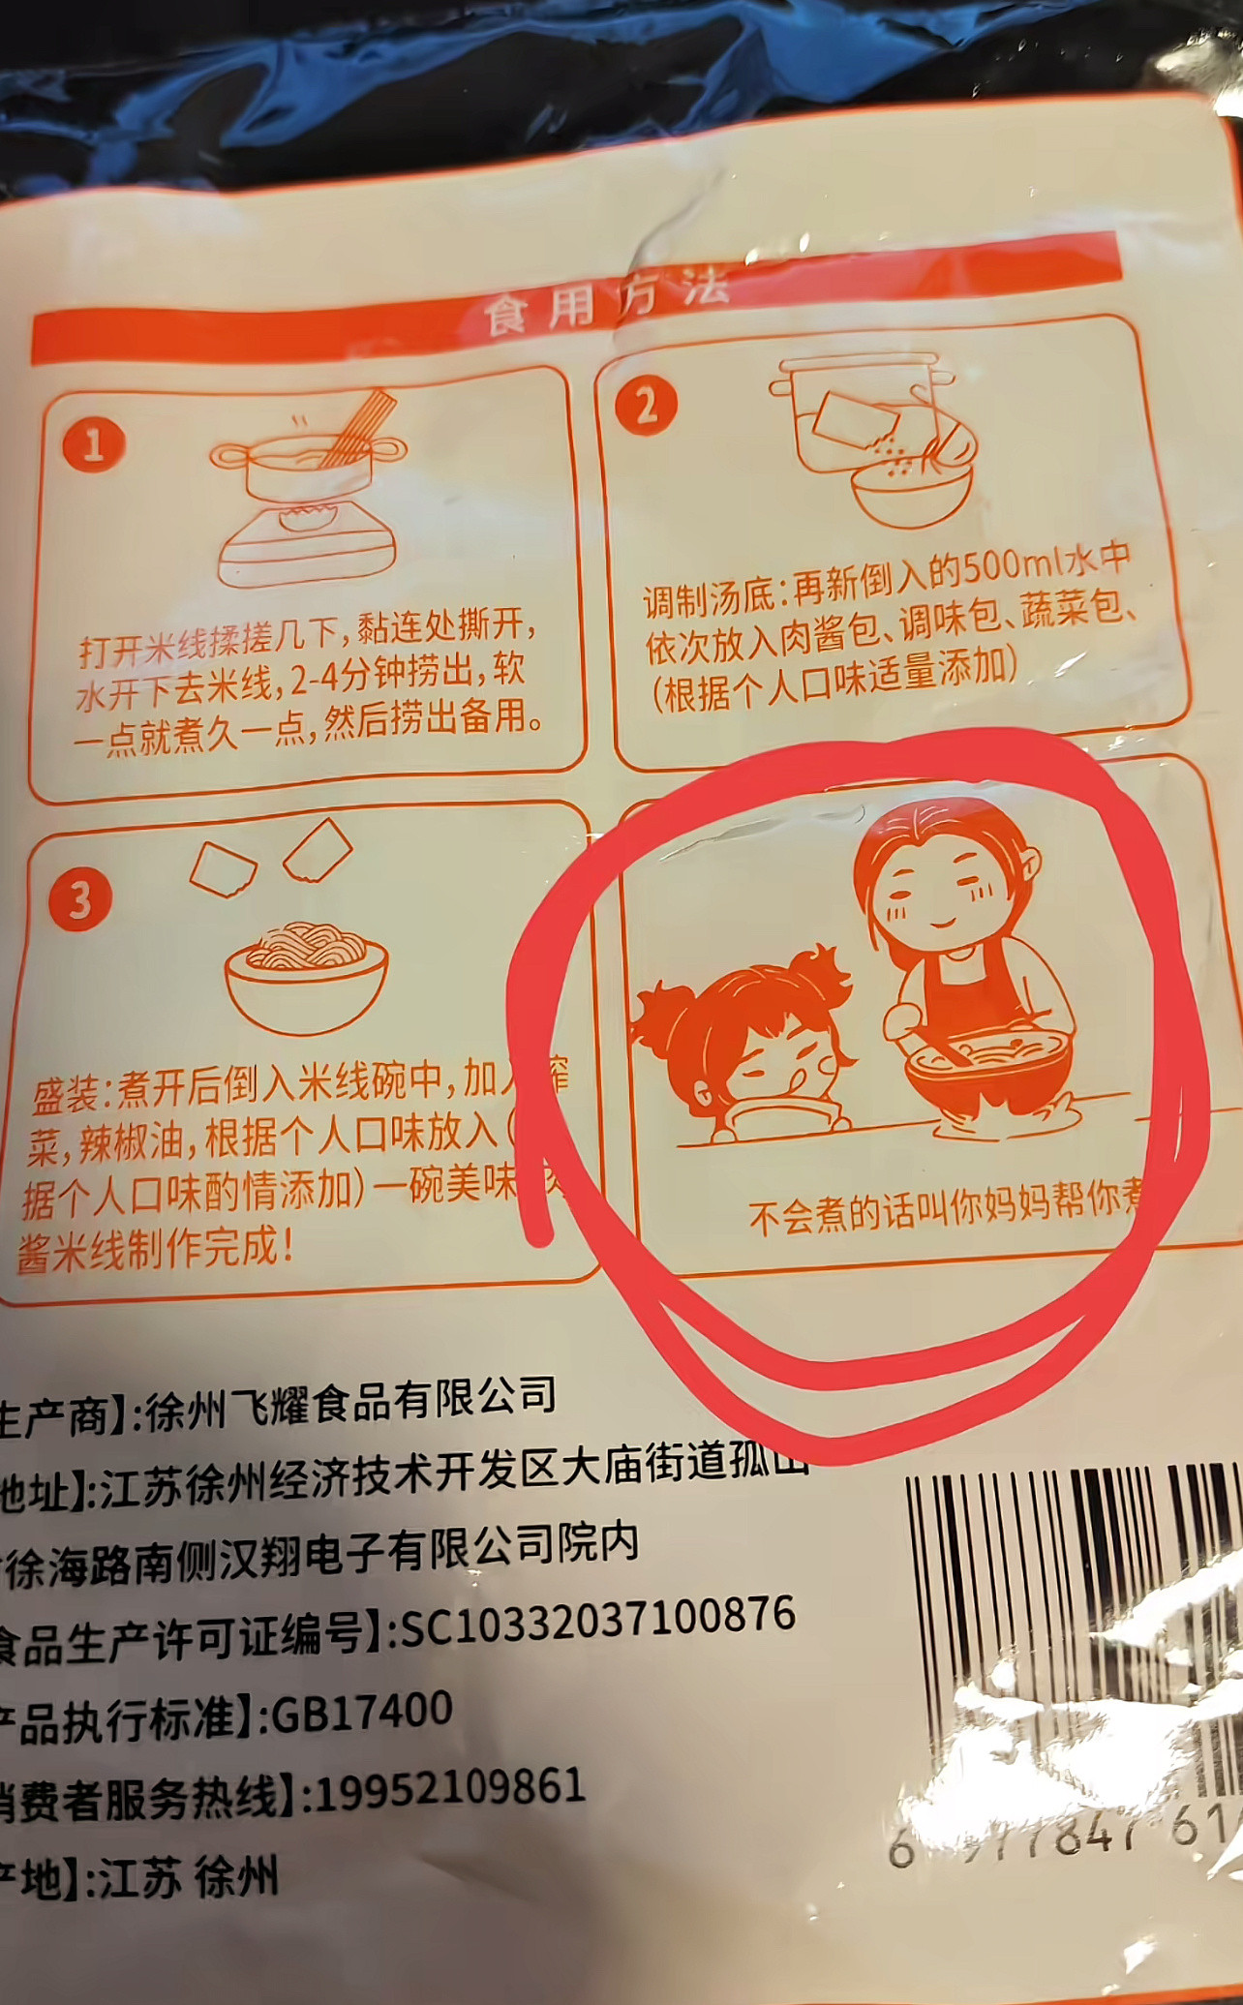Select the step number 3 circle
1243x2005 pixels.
click(80, 899)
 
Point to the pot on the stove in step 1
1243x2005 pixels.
click(308, 470)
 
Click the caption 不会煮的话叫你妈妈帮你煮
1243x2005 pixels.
click(944, 1212)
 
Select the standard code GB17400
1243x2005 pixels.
click(361, 1713)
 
